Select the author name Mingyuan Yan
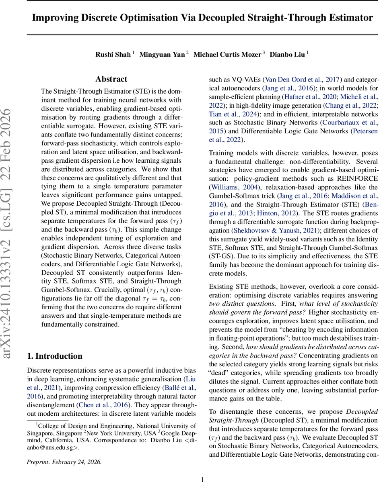pos(162,55)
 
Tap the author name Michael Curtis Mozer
pos(228,55)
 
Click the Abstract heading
pos(111,79)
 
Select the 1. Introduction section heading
pos(54,356)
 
